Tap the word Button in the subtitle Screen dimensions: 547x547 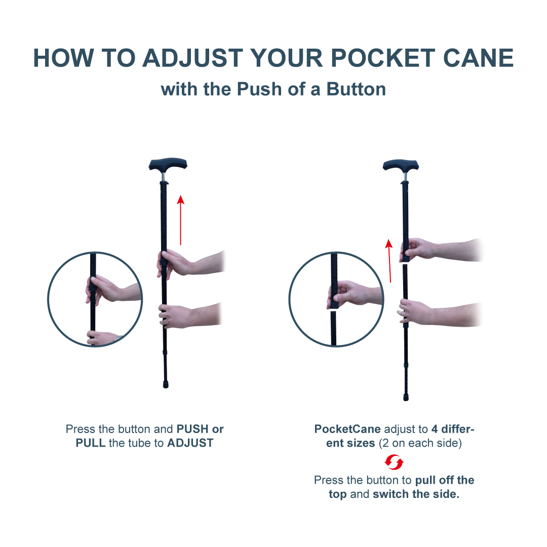pos(356,89)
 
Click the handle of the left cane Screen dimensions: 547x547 pos(168,165)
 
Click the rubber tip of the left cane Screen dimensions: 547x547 pos(166,384)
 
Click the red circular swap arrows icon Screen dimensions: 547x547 pos(394,462)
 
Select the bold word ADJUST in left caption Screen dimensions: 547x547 pos(190,443)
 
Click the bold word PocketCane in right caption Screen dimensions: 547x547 pos(347,429)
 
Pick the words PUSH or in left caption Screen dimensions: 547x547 pos(200,429)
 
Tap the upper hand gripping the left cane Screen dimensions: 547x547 pos(175,262)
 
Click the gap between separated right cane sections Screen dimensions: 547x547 pos(405,264)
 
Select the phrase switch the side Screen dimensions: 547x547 pos(416,494)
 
